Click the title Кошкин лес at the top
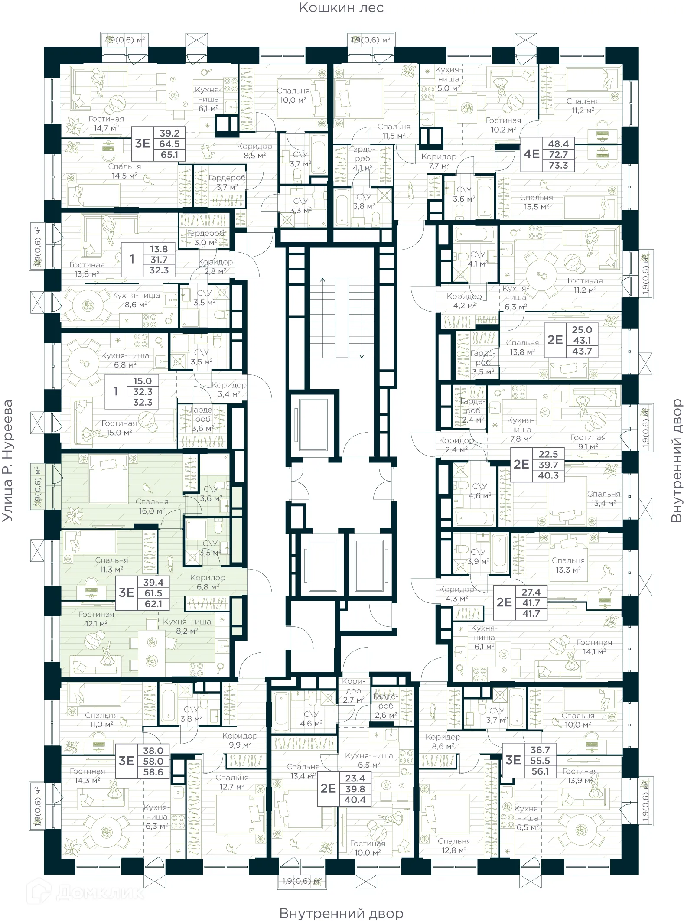[341, 8]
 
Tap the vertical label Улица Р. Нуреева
[8, 460]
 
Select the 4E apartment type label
[531, 154]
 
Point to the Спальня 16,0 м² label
[151, 506]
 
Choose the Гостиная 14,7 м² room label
[106, 124]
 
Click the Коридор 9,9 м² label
[240, 740]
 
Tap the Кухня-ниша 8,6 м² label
[136, 300]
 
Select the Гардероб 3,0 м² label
[205, 238]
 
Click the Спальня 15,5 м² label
[536, 202]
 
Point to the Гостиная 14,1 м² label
[594, 647]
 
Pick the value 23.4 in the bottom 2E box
[355, 778]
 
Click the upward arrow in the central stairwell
[322, 280]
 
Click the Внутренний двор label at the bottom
[341, 913]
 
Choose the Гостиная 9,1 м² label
[587, 442]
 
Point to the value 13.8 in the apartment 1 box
[159, 249]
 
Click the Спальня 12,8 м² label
[454, 846]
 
